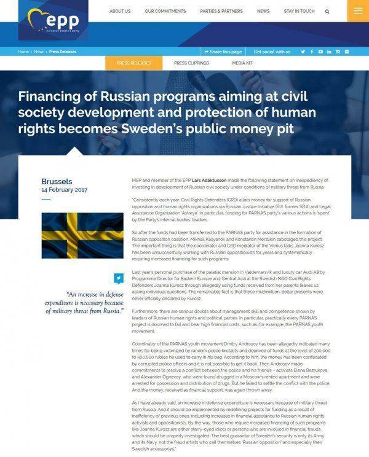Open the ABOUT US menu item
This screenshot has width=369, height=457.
click(x=119, y=11)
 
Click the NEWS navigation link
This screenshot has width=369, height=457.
click(x=263, y=11)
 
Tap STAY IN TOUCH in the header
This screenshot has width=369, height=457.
click(x=300, y=11)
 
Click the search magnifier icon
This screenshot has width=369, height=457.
click(x=327, y=11)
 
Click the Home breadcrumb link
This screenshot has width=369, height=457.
click(x=23, y=52)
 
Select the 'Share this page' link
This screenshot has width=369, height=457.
click(x=223, y=52)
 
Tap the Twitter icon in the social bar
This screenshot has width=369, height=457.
click(x=303, y=52)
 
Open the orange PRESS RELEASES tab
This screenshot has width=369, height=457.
click(x=129, y=63)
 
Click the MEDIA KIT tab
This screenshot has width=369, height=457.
click(x=242, y=63)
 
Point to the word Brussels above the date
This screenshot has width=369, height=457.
click(x=57, y=182)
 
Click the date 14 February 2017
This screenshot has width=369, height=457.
click(x=64, y=190)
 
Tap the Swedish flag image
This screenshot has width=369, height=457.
click(x=82, y=236)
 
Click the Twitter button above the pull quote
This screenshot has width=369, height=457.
click(x=119, y=278)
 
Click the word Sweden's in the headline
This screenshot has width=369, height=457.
click(x=197, y=129)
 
